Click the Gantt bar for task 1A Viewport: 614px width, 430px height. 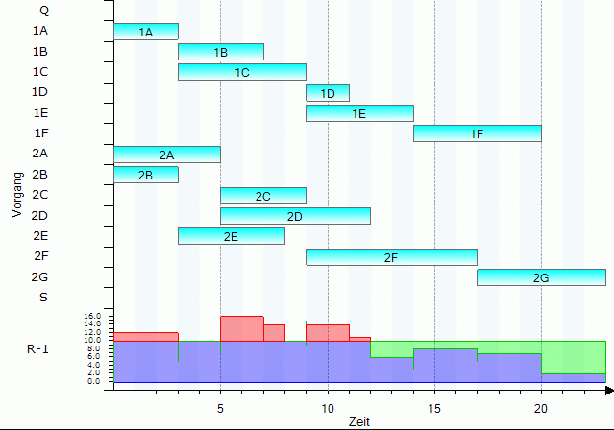coord(146,32)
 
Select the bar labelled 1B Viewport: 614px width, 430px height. coord(221,52)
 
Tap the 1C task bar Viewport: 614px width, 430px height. coord(242,72)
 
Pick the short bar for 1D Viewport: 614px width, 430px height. coord(328,93)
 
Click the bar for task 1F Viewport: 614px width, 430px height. coord(477,133)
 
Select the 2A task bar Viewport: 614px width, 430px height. coord(167,155)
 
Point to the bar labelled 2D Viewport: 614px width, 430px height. coord(295,216)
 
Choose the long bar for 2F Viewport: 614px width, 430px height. coord(391,257)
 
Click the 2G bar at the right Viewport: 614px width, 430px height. coord(541,277)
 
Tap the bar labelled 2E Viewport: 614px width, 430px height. coord(232,236)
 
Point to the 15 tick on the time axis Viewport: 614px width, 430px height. coord(434,406)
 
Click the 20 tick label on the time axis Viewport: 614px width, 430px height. coord(542,406)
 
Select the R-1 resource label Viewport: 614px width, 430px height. coord(38,348)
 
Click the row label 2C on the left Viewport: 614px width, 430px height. coord(40,195)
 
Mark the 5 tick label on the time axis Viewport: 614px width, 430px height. coord(220,406)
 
